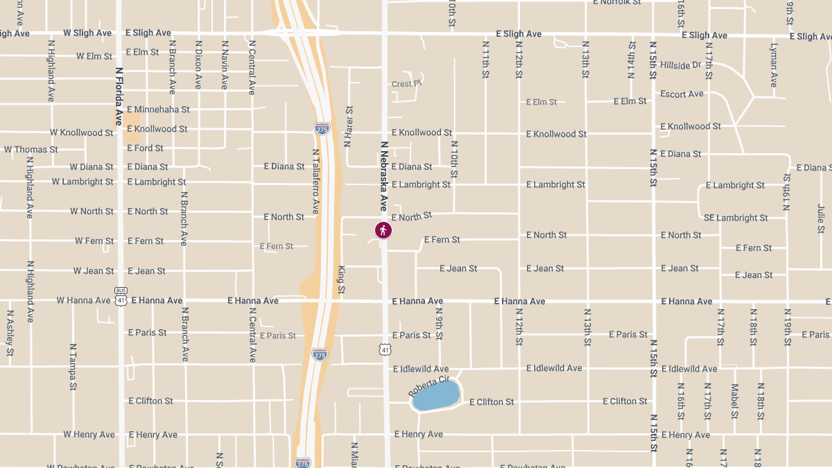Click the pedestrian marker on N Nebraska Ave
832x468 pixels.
[x=383, y=230]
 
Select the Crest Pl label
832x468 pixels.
[x=406, y=84]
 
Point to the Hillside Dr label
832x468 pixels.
[x=681, y=65]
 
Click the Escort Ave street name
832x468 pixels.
[x=682, y=94]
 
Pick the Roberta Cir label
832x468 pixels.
[x=429, y=386]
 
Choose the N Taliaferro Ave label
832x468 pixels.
[x=315, y=181]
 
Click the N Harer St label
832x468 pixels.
[x=349, y=127]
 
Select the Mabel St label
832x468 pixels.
[x=735, y=401]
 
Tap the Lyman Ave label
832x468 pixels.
[x=774, y=65]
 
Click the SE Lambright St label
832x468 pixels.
[x=736, y=218]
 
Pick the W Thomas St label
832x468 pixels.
[x=31, y=150]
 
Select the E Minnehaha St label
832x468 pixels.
[x=158, y=110]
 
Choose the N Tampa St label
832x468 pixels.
[x=72, y=367]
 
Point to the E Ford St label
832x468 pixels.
[x=145, y=148]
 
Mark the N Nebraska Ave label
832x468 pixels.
[x=383, y=176]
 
